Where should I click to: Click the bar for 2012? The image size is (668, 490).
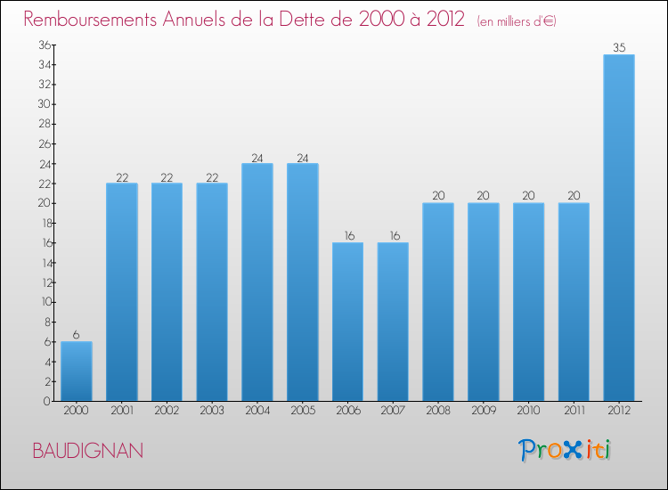click(x=619, y=228)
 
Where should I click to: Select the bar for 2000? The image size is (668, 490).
click(x=76, y=372)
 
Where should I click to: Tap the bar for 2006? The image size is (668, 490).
click(x=347, y=322)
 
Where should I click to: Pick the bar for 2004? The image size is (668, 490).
click(x=257, y=282)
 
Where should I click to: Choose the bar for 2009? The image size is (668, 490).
click(x=484, y=302)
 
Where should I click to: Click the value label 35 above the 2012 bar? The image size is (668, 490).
click(x=619, y=48)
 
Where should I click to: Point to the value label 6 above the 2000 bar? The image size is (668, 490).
click(x=76, y=335)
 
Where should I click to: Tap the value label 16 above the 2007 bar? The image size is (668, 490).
click(x=393, y=236)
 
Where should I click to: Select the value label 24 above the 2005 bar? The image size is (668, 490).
click(x=303, y=157)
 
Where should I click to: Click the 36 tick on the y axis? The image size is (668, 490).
click(x=41, y=45)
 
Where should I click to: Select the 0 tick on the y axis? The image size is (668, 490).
click(x=45, y=401)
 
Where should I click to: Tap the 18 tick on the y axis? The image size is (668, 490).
click(x=41, y=223)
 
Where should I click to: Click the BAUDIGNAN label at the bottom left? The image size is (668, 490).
click(x=87, y=451)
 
